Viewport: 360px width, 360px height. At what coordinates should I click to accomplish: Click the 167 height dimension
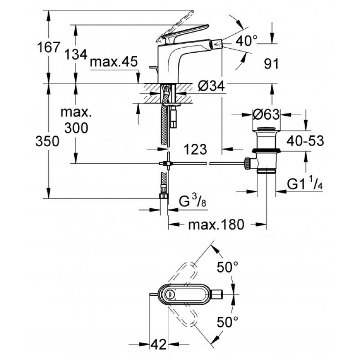click(x=49, y=47)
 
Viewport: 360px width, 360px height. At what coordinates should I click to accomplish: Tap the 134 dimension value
click(x=76, y=54)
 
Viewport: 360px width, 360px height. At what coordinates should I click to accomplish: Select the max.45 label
click(x=114, y=62)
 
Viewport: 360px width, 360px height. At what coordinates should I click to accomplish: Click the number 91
click(x=271, y=63)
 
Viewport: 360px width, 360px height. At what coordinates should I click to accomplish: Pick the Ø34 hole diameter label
click(x=211, y=86)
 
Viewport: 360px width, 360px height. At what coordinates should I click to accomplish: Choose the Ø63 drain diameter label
click(x=266, y=114)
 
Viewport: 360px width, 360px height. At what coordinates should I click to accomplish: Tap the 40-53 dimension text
click(x=305, y=140)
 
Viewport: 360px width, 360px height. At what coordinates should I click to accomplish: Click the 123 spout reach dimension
click(x=195, y=149)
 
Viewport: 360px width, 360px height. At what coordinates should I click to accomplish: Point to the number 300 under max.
click(x=76, y=128)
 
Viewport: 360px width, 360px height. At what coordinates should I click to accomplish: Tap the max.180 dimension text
click(x=216, y=225)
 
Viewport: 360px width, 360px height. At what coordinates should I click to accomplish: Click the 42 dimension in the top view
click(x=159, y=344)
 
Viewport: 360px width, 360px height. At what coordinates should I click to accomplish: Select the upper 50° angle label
click(x=228, y=267)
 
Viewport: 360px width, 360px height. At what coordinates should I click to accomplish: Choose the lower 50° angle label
click(x=228, y=322)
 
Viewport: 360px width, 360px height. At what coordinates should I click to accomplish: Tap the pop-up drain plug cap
click(x=266, y=129)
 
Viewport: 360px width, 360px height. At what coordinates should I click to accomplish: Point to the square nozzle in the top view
click(x=217, y=294)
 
